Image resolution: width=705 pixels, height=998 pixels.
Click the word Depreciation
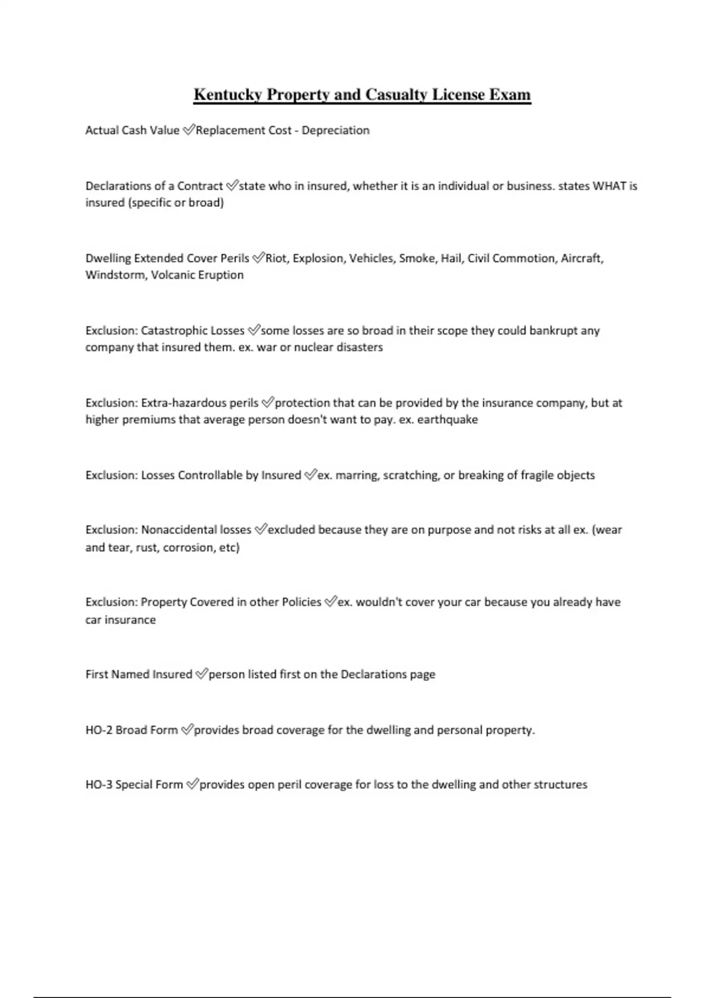click(335, 130)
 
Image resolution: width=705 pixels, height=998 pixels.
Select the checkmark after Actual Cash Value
click(188, 130)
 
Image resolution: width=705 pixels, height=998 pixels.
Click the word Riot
click(276, 258)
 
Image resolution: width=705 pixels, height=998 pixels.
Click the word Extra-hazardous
click(183, 403)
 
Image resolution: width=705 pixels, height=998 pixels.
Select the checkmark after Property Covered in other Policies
click(331, 602)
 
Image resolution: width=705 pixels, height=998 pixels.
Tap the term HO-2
click(99, 730)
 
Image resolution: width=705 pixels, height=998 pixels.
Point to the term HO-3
click(99, 785)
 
